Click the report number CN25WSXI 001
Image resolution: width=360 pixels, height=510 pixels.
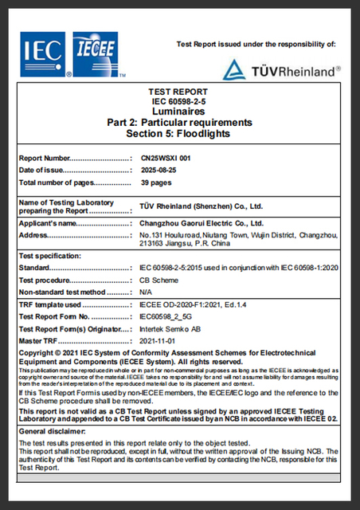click(165, 158)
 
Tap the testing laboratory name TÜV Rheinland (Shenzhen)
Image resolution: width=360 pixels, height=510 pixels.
click(195, 205)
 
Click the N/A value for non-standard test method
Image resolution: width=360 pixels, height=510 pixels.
click(147, 292)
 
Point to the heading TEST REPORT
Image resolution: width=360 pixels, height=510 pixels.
click(179, 92)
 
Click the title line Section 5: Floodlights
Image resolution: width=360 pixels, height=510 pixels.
click(179, 132)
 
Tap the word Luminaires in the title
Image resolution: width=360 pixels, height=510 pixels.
click(179, 112)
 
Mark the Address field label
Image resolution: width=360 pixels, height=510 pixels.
click(35, 236)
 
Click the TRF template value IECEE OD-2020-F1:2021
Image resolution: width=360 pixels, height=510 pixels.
click(191, 304)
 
